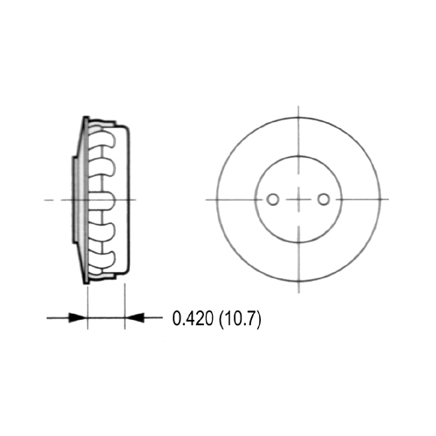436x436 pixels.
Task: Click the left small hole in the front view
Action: pos(273,200)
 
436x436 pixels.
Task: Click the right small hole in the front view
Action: pos(324,200)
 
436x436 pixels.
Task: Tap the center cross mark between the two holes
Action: pos(298,200)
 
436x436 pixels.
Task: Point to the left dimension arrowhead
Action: pos(81,318)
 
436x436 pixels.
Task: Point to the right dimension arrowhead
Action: pos(133,318)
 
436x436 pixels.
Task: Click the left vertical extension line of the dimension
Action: pos(87,305)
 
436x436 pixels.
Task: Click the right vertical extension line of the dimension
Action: pos(126,305)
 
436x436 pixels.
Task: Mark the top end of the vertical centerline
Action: pos(298,106)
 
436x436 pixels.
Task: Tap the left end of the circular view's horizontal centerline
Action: pos(207,200)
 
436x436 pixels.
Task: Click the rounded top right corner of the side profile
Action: pos(128,129)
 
